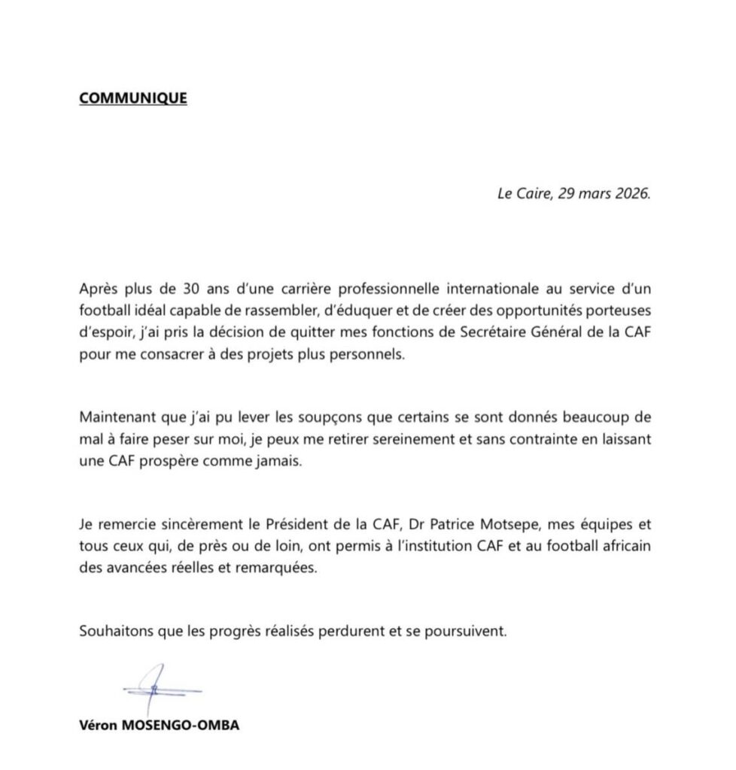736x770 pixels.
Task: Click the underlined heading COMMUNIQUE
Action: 133,99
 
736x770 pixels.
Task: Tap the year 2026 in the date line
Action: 629,193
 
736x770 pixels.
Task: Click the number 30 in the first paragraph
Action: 190,290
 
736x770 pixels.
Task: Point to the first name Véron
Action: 97,727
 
